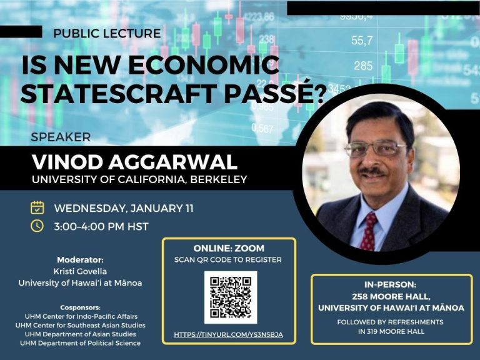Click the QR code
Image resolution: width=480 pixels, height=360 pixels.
click(231, 297)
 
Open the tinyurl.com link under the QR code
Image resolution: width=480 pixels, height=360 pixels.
click(228, 334)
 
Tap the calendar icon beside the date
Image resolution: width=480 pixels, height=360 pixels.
click(37, 207)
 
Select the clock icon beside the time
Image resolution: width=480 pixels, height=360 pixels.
click(37, 226)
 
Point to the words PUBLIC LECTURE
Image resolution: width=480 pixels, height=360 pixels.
click(107, 33)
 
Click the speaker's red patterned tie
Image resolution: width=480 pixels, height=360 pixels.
click(369, 231)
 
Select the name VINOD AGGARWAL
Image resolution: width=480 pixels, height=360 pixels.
click(135, 162)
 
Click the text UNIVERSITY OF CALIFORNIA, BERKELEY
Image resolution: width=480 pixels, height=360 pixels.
click(139, 179)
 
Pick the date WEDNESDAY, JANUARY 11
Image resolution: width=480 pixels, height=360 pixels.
click(124, 209)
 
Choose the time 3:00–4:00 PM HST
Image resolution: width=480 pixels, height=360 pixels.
click(101, 226)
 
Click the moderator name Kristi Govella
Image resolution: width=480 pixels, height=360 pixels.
click(80, 271)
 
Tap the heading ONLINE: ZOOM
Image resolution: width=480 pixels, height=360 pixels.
click(229, 248)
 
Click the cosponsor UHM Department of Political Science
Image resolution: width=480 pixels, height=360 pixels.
click(80, 343)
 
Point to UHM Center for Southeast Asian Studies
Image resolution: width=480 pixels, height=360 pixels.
click(81, 325)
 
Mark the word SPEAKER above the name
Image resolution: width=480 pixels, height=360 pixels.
click(61, 137)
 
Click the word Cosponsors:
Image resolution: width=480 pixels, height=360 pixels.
click(80, 307)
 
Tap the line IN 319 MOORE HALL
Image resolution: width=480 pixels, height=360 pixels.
click(391, 331)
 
